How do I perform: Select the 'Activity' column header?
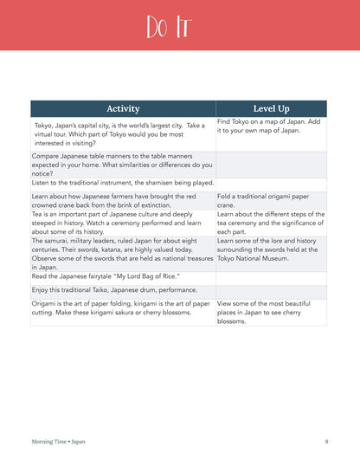123,108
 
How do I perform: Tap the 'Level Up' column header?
271,108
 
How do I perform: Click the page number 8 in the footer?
326,442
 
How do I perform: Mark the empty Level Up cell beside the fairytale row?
271,276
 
